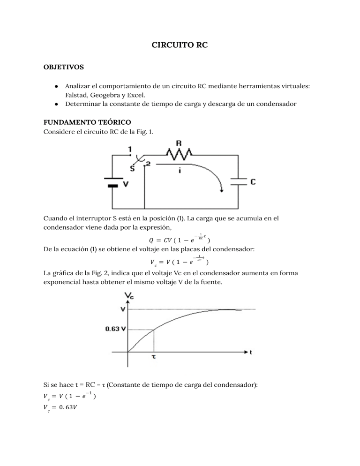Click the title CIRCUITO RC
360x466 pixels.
click(180, 45)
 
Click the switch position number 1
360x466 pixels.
click(130, 149)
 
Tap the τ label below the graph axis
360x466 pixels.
click(154, 356)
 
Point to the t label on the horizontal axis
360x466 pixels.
click(252, 352)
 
